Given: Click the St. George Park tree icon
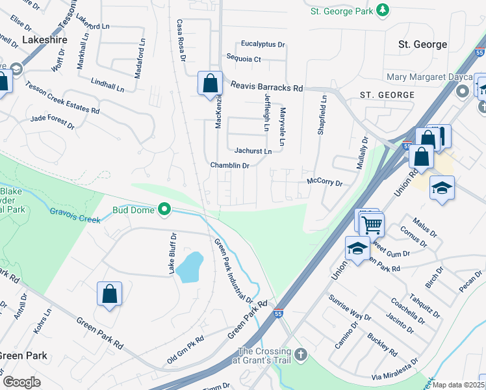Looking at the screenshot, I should (x=383, y=10).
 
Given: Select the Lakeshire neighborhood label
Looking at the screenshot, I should (x=45, y=40).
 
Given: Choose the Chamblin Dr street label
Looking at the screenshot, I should (x=229, y=166).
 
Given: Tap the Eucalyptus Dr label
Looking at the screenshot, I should (x=262, y=44).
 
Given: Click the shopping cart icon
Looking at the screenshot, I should (x=371, y=225).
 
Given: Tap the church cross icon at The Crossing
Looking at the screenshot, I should (x=300, y=354).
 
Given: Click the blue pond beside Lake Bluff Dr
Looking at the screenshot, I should (x=189, y=267).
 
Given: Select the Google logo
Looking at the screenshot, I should (x=21, y=382).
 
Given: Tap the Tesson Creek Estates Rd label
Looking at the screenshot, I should (x=63, y=99).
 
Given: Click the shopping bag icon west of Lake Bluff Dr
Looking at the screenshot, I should (x=109, y=293).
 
